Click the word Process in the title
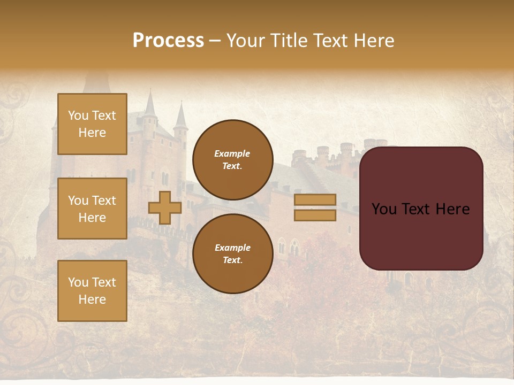click(168, 40)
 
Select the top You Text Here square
click(92, 124)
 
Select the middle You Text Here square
click(92, 209)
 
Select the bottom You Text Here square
click(92, 291)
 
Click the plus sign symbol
click(165, 207)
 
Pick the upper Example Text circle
click(232, 160)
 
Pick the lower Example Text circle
click(232, 254)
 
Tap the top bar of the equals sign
click(315, 200)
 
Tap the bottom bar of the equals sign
click(315, 215)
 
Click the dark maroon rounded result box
click(421, 235)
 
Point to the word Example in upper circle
click(232, 153)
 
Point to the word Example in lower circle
click(232, 248)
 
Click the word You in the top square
click(78, 115)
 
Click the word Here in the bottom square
click(92, 299)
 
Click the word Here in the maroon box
click(452, 209)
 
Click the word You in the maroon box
click(384, 209)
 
